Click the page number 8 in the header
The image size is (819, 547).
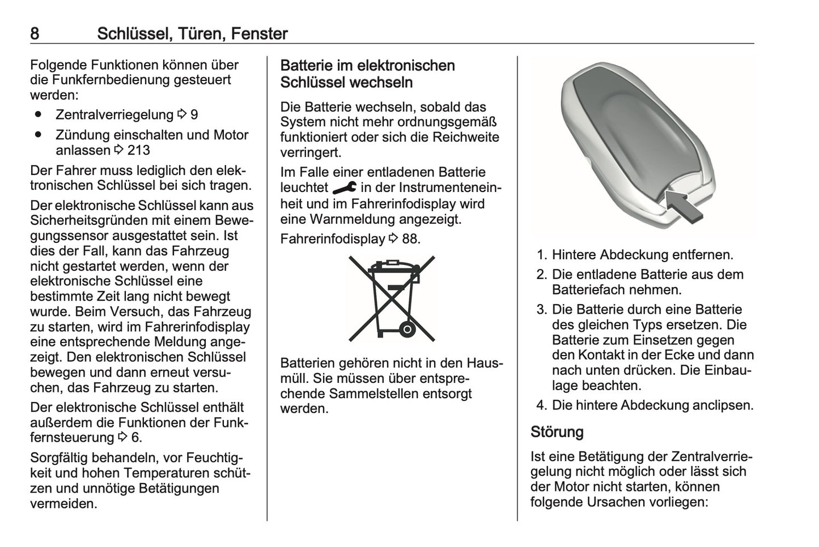35,34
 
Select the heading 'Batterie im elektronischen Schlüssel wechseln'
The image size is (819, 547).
367,74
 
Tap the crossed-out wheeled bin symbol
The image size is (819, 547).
391,298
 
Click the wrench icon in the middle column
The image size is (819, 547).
344,187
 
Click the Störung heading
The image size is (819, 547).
557,432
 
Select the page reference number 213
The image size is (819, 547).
139,150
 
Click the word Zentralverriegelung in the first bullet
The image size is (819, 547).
114,115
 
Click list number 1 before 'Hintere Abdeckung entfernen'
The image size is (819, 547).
541,255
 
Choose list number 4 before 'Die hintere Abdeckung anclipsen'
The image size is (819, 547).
541,405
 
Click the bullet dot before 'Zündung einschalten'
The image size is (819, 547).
39,135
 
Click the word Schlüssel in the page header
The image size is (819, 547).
133,34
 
